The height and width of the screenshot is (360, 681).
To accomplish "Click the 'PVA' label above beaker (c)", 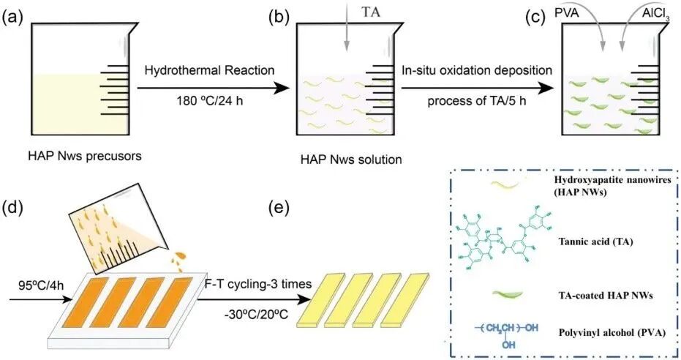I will (x=565, y=12).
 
